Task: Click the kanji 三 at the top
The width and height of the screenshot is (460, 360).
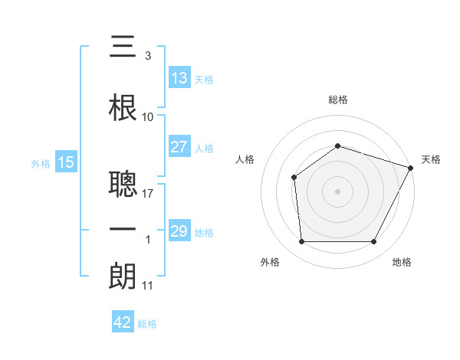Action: tap(123, 46)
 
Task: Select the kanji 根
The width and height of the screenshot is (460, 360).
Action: tap(123, 107)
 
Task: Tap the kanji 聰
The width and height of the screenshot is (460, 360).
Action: tap(123, 184)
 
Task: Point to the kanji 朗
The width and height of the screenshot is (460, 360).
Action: tap(123, 276)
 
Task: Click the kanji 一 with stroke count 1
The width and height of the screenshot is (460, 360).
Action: tap(123, 229)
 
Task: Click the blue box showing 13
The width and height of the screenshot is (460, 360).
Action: tap(179, 77)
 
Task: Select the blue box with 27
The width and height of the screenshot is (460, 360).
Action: tap(179, 146)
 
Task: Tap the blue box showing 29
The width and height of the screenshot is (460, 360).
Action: tap(179, 230)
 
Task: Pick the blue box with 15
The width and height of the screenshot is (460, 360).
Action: tap(66, 162)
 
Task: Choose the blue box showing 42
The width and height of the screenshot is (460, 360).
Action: tap(123, 321)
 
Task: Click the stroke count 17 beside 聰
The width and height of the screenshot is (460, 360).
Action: tap(147, 194)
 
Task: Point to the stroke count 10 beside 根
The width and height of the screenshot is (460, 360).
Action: tap(147, 117)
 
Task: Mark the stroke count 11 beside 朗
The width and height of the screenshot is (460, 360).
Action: tap(147, 286)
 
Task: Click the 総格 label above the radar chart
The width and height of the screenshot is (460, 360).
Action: tap(338, 100)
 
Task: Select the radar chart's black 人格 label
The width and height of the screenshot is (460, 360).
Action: tap(245, 159)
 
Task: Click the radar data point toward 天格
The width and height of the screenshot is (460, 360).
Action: tap(411, 168)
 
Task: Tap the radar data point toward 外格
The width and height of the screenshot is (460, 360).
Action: tap(302, 241)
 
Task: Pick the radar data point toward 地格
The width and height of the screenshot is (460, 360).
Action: tap(373, 241)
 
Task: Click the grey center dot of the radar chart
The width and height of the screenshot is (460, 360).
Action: tap(337, 191)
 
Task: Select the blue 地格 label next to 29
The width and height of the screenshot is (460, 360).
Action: tap(204, 233)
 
